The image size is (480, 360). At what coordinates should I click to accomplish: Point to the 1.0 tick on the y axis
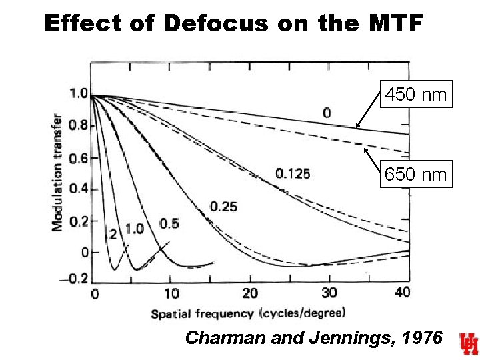coord(79,94)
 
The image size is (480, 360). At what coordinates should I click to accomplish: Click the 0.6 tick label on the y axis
coord(79,158)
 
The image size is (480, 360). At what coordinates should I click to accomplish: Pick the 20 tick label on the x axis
coord(251,293)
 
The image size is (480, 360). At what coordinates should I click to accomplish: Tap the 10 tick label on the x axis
coord(172,293)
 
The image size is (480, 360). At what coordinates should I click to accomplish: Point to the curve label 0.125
coord(292,175)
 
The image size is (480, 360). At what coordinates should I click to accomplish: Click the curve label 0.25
coord(223,207)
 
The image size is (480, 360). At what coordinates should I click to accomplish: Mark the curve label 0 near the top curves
coord(326,113)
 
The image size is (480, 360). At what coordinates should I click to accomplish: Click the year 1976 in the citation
coord(419,338)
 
